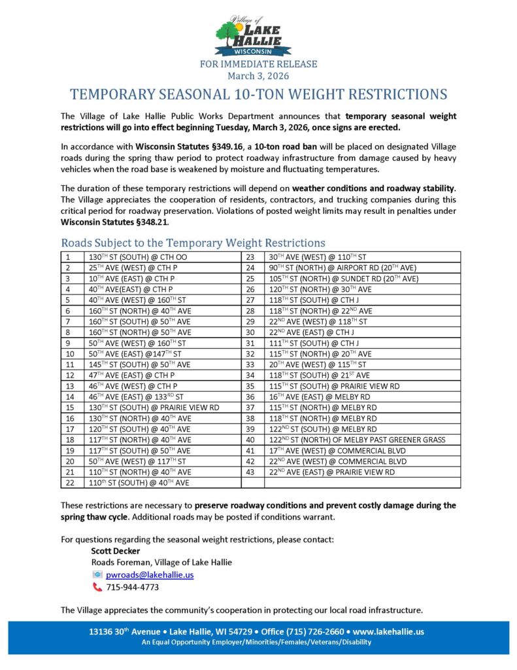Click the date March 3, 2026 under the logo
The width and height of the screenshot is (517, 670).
[x=258, y=76]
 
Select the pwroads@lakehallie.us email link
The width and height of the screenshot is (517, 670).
[x=150, y=574]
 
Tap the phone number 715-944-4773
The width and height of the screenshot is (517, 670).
[x=132, y=587]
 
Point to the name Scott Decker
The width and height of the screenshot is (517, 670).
[x=115, y=551]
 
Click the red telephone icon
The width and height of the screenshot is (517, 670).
[x=97, y=587]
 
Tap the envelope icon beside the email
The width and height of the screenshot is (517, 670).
[x=97, y=574]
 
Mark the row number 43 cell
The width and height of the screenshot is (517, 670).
[x=253, y=472]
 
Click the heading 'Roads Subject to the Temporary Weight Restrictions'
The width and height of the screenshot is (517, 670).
[x=193, y=243]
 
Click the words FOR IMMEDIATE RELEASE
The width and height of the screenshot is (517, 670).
[x=258, y=64]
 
